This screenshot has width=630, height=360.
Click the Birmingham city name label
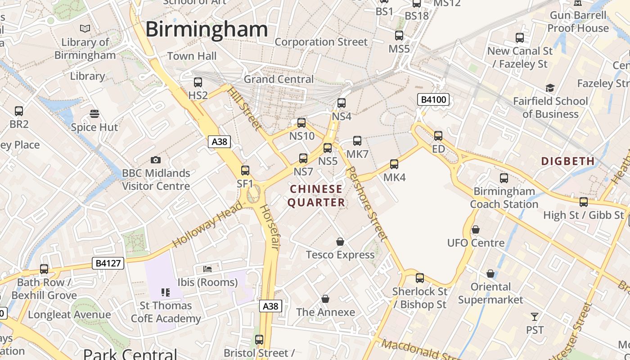(207, 30)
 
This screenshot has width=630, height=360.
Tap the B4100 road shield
(433, 99)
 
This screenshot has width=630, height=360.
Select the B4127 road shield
(108, 263)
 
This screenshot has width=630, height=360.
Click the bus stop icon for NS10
(301, 123)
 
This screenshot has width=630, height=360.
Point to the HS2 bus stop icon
(198, 82)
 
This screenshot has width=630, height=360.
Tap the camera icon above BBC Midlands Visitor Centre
(156, 160)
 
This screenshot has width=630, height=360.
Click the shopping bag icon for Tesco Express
(340, 242)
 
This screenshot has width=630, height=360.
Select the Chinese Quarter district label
(316, 196)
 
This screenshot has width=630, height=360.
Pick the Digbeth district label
(567, 161)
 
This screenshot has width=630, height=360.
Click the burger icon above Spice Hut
(94, 114)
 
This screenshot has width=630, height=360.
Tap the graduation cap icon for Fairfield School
(550, 88)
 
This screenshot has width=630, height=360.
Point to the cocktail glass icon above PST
(535, 317)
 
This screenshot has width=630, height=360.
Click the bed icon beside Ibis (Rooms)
(207, 269)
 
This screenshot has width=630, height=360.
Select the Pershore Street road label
(368, 203)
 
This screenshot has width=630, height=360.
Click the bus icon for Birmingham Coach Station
(504, 178)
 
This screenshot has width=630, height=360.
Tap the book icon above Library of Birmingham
(85, 29)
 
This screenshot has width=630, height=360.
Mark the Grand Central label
(279, 79)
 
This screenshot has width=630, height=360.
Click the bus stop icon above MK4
(394, 164)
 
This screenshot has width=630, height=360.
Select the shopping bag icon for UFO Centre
(476, 230)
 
